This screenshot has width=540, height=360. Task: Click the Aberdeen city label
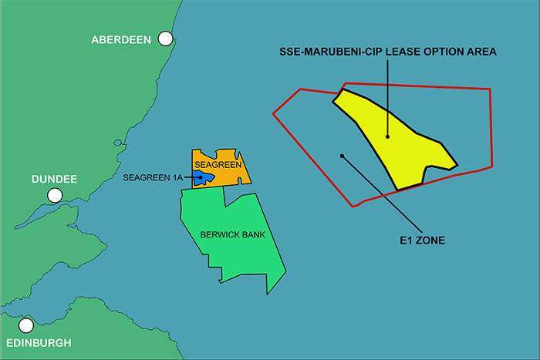point(122,39)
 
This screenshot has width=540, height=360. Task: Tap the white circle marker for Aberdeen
point(165,39)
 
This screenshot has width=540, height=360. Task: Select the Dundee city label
point(54,179)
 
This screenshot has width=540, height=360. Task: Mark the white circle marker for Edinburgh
point(27,325)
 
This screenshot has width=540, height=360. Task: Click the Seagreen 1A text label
point(152,178)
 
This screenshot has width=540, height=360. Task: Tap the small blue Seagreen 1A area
point(204,177)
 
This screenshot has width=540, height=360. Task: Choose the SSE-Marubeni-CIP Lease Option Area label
point(387,52)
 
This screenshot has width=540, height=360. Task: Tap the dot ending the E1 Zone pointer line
point(342,156)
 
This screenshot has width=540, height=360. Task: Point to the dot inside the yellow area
point(388,138)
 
